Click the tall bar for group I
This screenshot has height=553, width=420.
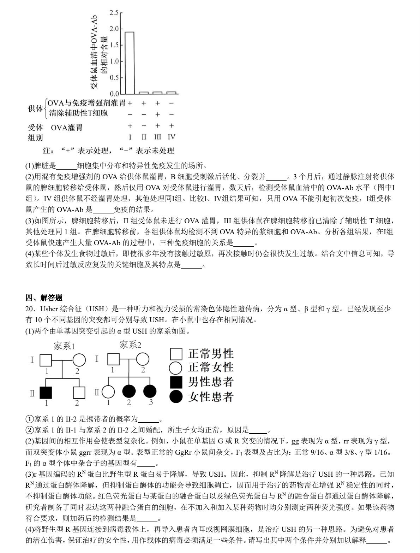(x=130, y=63)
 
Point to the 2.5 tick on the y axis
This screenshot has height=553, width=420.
(x=114, y=13)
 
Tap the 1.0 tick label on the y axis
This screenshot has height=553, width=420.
(x=114, y=61)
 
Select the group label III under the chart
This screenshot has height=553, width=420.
(x=157, y=137)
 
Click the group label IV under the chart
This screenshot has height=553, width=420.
(x=172, y=137)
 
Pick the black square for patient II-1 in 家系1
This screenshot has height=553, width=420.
(x=46, y=393)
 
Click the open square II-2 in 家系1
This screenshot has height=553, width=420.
(x=79, y=393)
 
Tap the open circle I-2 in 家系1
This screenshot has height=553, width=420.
(x=79, y=360)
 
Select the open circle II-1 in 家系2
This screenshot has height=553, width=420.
(x=108, y=392)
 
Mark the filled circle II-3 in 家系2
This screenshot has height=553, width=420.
(x=150, y=392)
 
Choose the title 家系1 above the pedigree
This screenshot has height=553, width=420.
(x=64, y=346)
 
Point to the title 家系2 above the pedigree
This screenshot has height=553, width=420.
(x=130, y=345)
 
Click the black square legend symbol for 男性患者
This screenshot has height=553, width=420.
(x=176, y=382)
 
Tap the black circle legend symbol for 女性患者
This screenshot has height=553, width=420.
(x=176, y=397)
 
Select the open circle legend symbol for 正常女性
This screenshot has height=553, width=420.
(x=176, y=368)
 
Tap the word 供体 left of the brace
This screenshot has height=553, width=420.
(x=35, y=108)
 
